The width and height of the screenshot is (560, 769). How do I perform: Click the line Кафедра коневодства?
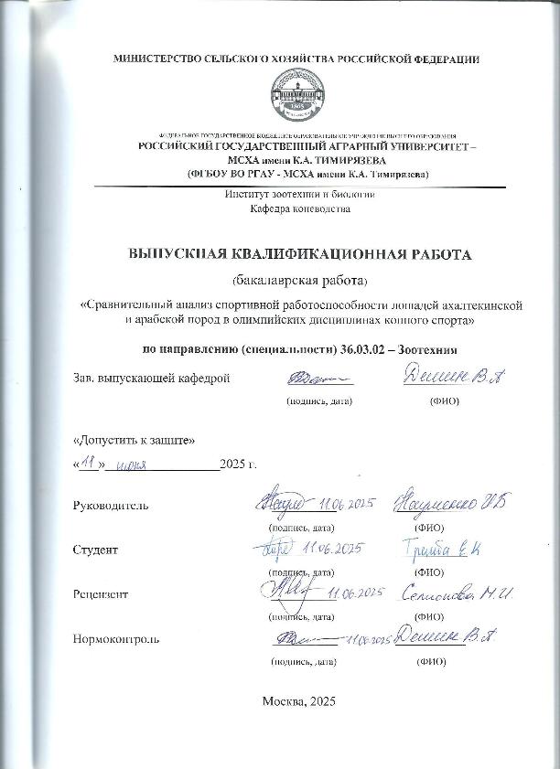(299, 208)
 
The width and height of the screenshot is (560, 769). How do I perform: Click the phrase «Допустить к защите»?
(134, 439)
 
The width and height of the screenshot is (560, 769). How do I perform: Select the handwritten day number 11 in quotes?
(89, 464)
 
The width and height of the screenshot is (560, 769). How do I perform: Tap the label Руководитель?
(109, 506)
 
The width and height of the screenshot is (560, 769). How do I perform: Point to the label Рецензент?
(100, 594)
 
